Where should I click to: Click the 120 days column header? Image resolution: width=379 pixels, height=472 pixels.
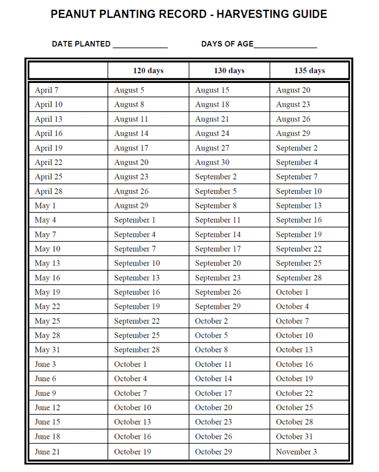pos(148,71)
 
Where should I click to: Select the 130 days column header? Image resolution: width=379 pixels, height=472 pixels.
pos(229,71)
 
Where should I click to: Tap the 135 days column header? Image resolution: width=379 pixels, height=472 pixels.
pos(309,71)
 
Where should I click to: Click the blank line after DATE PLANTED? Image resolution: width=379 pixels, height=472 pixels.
pos(140,45)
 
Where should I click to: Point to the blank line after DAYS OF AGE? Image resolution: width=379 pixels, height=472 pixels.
pos(285,45)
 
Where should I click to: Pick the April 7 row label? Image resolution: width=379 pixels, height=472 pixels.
pos(47,90)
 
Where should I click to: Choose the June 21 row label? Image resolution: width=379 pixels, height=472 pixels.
pos(48,452)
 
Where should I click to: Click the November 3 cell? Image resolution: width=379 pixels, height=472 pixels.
pos(296,452)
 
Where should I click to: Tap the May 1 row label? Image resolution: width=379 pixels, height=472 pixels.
pos(45,206)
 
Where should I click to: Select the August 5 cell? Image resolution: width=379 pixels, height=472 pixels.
pos(129,90)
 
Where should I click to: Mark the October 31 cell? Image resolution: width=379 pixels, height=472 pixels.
pos(294,436)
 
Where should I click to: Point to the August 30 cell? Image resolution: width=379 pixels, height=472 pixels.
pos(212,162)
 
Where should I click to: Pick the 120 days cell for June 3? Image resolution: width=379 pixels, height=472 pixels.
pos(131,364)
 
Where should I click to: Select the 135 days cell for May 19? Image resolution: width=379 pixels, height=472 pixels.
pos(292,292)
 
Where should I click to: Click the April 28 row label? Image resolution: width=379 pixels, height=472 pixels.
pos(48,191)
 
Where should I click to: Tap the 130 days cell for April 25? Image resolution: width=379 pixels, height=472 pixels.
pos(216,177)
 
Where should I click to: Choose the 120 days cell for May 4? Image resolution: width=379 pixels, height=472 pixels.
pos(135,220)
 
